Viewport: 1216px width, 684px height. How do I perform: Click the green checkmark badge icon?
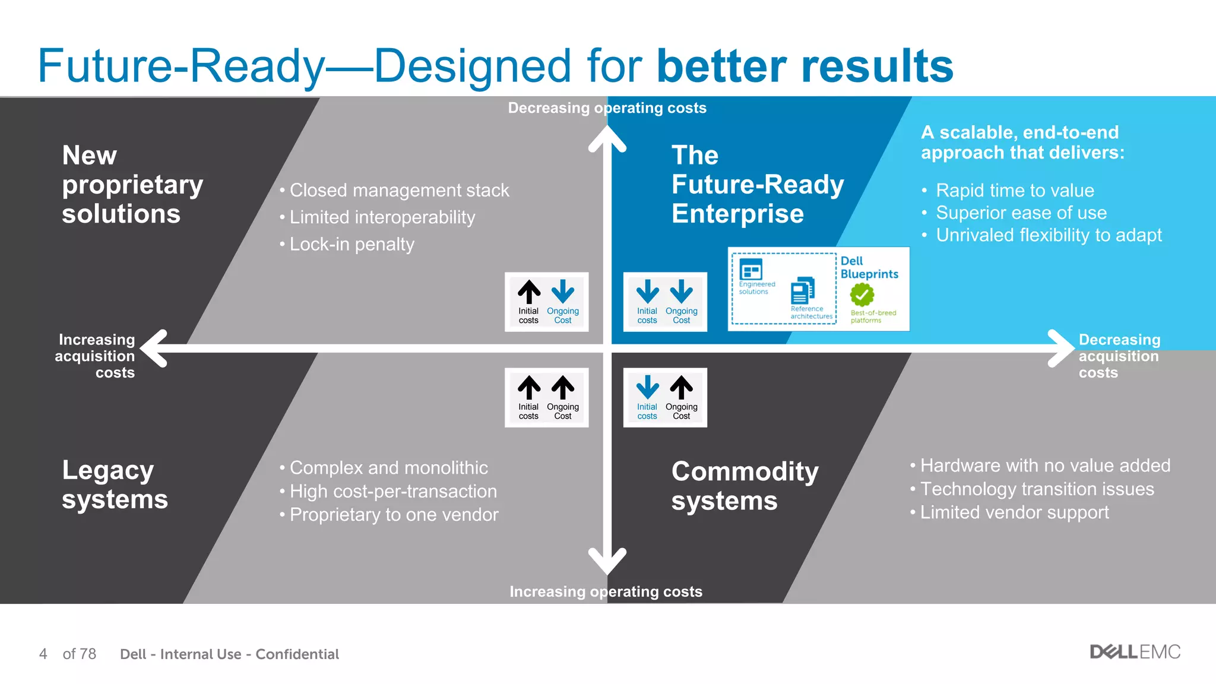tap(862, 294)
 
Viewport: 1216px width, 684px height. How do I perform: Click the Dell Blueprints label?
tap(869, 267)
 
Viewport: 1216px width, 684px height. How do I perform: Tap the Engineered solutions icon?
tap(751, 270)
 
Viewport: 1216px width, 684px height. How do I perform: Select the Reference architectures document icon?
tap(803, 291)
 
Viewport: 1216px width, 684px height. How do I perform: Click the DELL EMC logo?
tap(1135, 652)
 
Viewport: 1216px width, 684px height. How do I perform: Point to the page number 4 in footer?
tap(43, 654)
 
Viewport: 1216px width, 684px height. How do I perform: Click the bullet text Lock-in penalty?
tap(351, 244)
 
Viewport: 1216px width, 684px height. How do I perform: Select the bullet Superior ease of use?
tap(1021, 213)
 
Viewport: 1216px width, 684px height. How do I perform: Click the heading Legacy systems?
tap(115, 484)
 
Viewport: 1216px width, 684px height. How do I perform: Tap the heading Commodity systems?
tap(745, 486)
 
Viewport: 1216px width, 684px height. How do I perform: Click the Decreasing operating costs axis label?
tap(607, 108)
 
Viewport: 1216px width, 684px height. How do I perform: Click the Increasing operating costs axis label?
tap(606, 591)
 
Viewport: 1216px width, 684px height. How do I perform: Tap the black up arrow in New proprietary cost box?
tap(528, 292)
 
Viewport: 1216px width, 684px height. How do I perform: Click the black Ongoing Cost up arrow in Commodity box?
tap(681, 388)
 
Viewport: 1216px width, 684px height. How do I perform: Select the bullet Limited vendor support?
tap(1014, 512)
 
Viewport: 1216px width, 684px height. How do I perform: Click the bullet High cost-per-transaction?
tap(393, 491)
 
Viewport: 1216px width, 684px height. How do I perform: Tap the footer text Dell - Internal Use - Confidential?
tap(229, 654)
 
